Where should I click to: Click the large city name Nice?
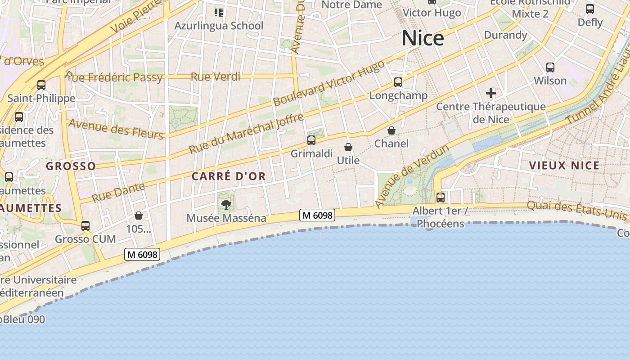pos(423,38)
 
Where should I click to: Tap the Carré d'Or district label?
pos(229,176)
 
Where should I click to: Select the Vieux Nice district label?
pos(564,166)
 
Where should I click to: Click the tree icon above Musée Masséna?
pos(226,205)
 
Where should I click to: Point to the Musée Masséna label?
pos(226,218)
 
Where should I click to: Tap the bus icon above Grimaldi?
pos(311,140)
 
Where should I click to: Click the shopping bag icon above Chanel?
pos(391,130)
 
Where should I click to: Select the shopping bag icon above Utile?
pos(348,147)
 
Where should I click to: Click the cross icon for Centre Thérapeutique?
pos(491,94)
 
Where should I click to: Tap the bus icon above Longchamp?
pos(398,82)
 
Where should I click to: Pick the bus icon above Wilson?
pos(550,67)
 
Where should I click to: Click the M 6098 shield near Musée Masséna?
pos(318,216)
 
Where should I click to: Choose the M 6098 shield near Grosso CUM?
pos(142,255)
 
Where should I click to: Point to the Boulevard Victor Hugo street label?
pos(328,84)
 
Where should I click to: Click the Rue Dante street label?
pos(118,192)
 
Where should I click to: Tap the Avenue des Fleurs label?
pos(116,130)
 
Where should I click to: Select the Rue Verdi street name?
pos(216,77)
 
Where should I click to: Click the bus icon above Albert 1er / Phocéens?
pos(441,198)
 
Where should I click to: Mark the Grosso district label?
pos(71,166)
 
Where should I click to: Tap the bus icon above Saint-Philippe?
pos(41,85)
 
